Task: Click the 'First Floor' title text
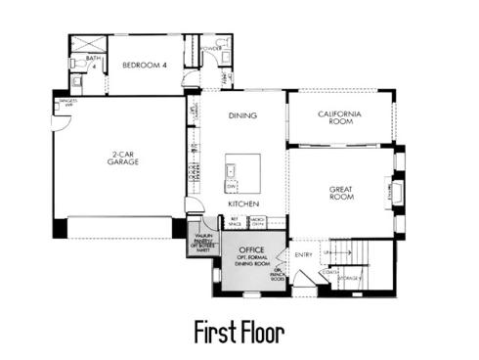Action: pos(239,332)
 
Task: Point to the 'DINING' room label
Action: pos(241,115)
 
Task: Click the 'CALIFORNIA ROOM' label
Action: pos(340,117)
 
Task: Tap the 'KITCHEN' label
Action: pos(242,203)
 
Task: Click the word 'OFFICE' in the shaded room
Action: pos(252,249)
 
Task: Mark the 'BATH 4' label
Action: pos(94,62)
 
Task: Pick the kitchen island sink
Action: pos(234,172)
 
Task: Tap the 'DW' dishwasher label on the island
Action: pos(232,185)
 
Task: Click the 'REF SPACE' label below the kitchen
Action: pos(235,222)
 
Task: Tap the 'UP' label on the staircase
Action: pos(328,251)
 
